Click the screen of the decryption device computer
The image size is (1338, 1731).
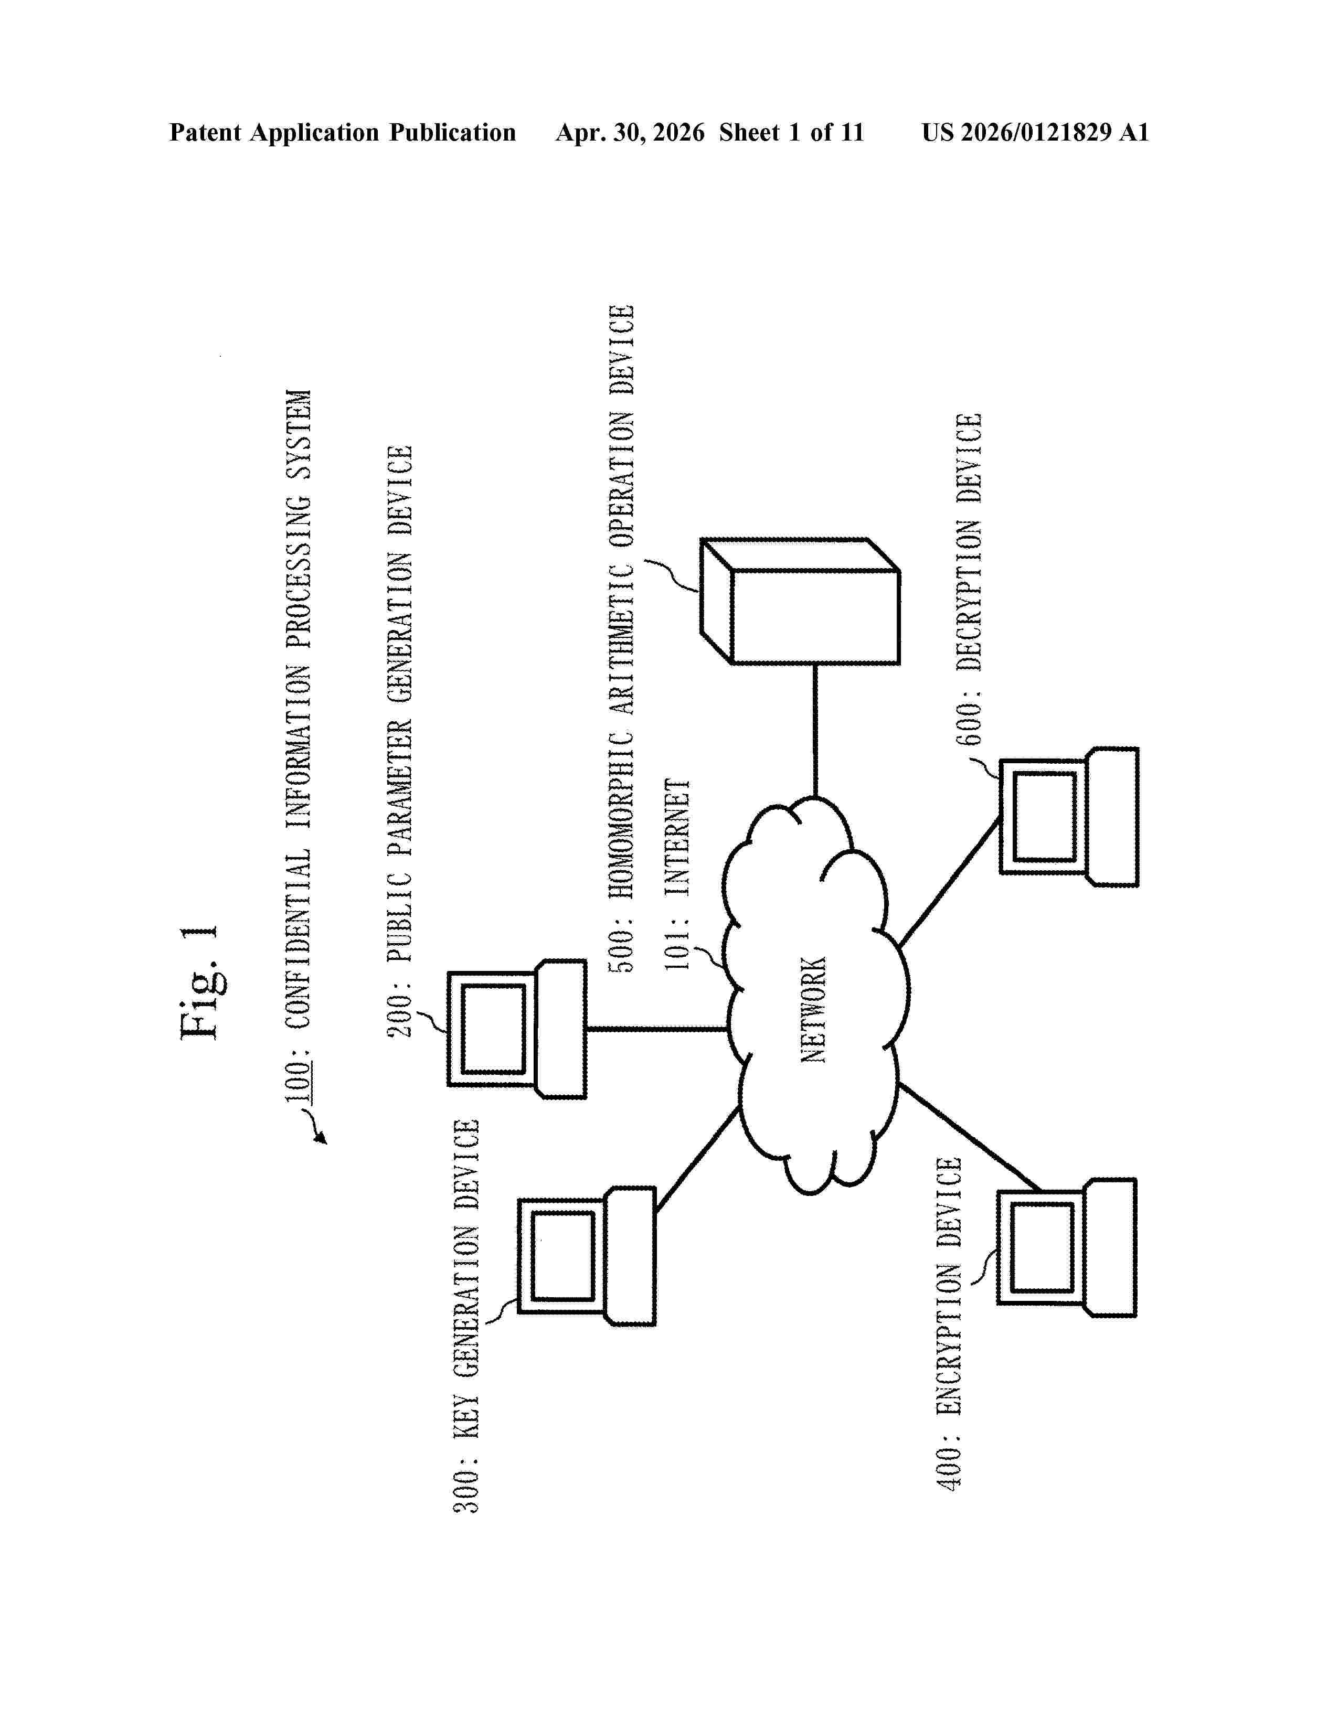click(x=1045, y=816)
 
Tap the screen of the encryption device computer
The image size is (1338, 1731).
click(x=1043, y=1248)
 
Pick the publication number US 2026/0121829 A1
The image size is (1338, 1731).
click(x=1035, y=132)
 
